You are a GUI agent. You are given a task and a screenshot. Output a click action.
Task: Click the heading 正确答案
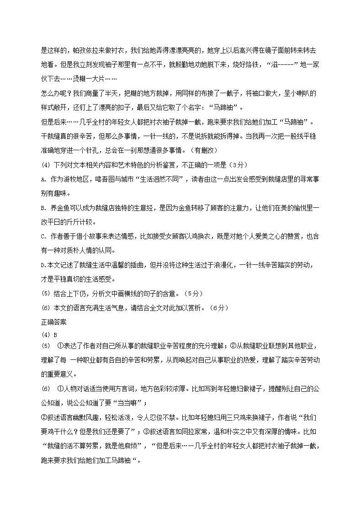click(x=53, y=322)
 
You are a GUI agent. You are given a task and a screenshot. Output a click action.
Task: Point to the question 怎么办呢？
click(x=56, y=93)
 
